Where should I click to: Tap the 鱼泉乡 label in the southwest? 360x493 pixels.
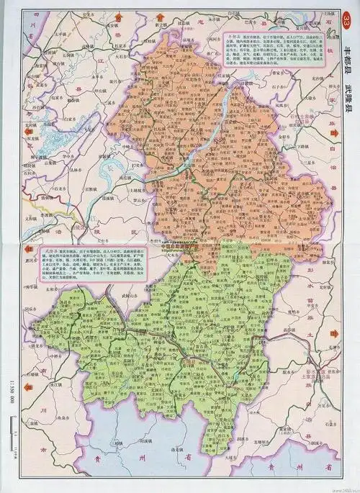tap(43, 417)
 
